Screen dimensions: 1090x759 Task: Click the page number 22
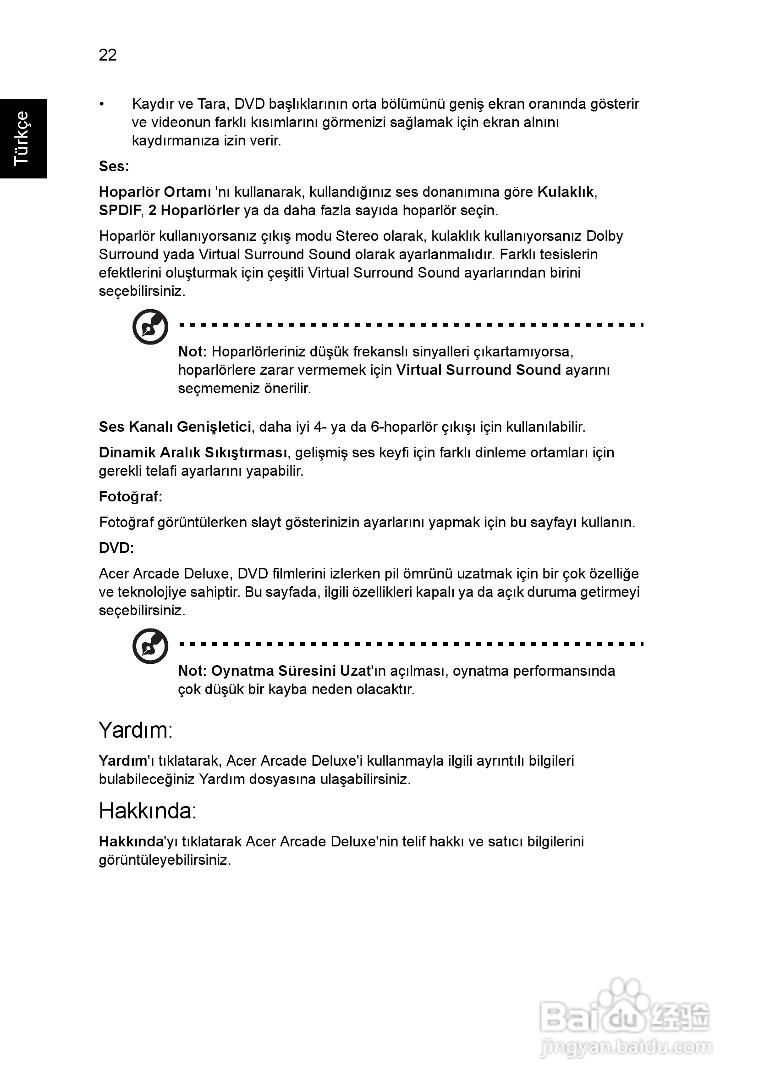(x=108, y=56)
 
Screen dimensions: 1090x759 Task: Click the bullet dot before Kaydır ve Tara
(x=101, y=105)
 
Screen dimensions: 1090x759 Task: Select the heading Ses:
(x=114, y=167)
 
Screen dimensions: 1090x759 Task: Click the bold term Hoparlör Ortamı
(x=154, y=192)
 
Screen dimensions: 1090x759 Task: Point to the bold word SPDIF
(x=120, y=211)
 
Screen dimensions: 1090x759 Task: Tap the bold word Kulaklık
(x=566, y=192)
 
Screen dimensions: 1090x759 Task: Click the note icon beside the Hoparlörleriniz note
(x=150, y=327)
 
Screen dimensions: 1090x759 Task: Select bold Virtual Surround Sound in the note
(x=478, y=370)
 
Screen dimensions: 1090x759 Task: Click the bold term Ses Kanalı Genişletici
(x=175, y=427)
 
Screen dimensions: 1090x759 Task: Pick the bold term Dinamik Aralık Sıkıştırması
(x=193, y=453)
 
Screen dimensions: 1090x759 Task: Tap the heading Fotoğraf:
(x=131, y=497)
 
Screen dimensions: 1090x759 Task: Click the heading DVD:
(x=116, y=548)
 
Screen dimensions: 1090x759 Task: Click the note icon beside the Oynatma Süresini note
(x=150, y=646)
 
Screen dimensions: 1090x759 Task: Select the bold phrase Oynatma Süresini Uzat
(x=290, y=671)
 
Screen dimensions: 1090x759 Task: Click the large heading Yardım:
(x=136, y=731)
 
